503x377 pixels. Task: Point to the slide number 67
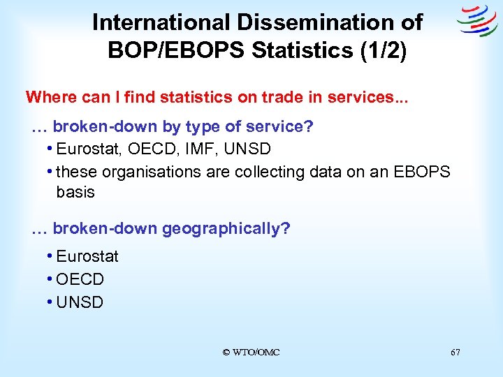tap(455, 353)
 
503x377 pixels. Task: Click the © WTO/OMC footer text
tap(251, 353)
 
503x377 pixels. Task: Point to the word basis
tap(75, 192)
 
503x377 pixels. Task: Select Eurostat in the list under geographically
tap(87, 256)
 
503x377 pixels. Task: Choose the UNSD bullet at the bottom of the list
tap(80, 302)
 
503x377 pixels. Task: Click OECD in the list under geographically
tap(80, 279)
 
